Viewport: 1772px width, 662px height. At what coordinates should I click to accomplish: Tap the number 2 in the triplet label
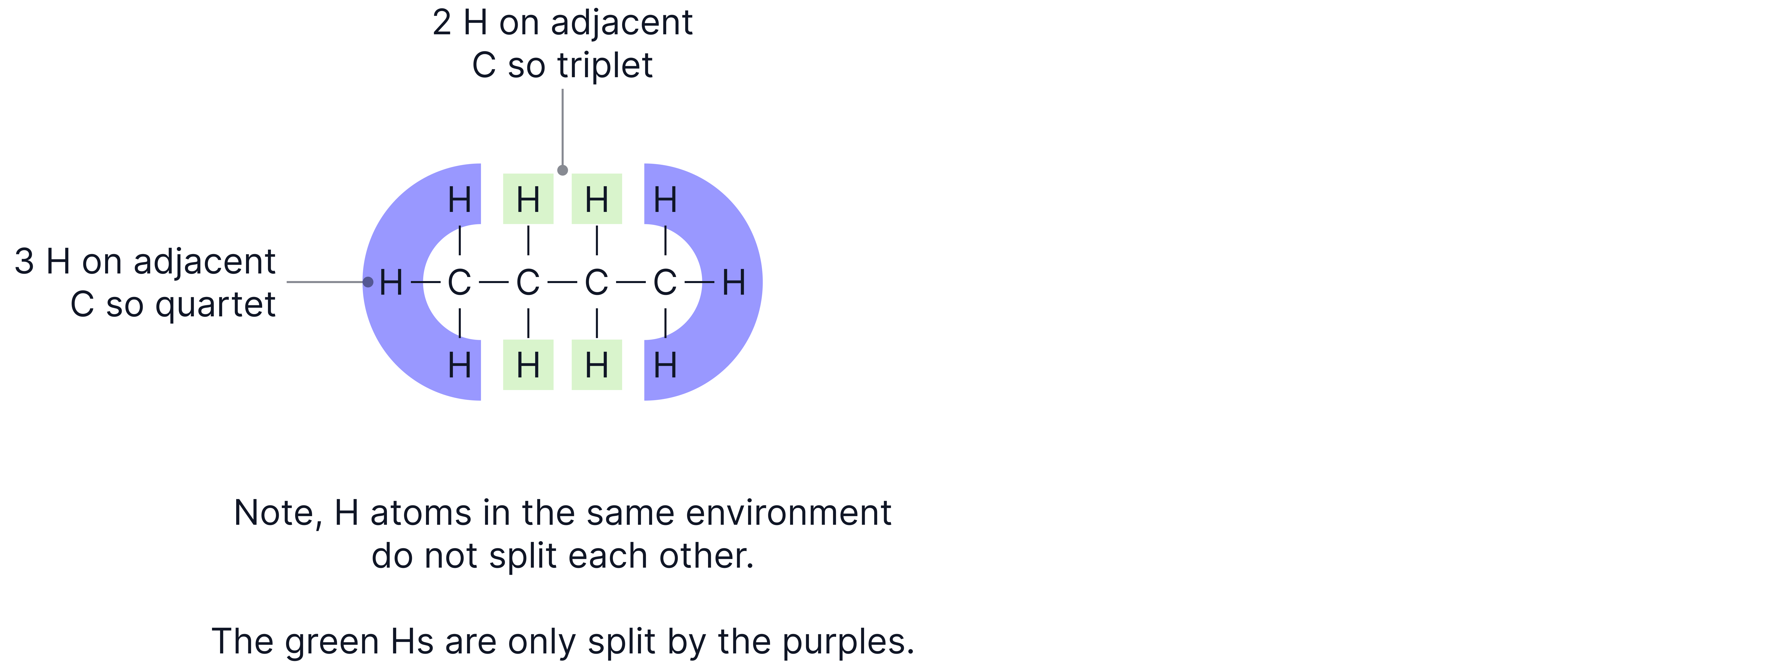[x=442, y=23]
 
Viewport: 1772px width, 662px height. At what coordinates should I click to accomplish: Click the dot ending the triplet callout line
[x=563, y=170]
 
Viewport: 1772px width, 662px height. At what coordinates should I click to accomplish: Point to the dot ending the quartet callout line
[x=368, y=282]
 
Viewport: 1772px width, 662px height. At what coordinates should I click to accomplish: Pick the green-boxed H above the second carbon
[x=528, y=200]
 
